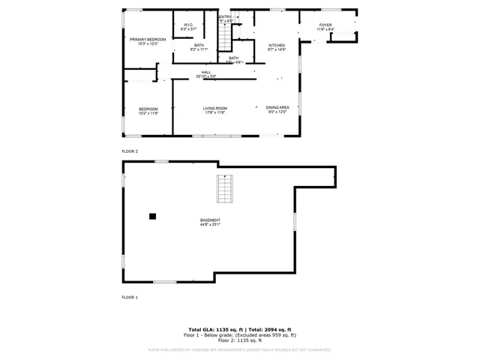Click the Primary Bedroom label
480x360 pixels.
(147, 39)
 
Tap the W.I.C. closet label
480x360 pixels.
(189, 25)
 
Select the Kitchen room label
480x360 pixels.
(277, 45)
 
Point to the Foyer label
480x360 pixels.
(325, 25)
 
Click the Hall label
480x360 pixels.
(205, 72)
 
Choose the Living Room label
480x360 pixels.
(215, 108)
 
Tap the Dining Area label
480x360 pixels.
(278, 108)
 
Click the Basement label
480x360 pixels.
(210, 220)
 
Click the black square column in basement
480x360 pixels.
(152, 216)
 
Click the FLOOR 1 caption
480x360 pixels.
(130, 298)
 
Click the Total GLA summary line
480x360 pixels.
(240, 329)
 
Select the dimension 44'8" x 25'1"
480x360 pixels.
(210, 224)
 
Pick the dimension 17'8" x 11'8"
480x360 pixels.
(215, 112)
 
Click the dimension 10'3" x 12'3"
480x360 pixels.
(147, 43)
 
